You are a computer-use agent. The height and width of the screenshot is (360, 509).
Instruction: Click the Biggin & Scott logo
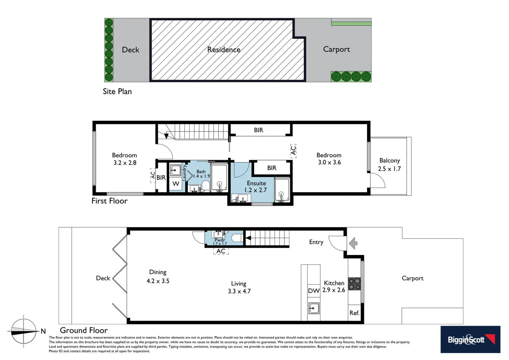[x=470, y=339]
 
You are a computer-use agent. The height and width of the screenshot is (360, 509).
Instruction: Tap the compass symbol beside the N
[x=23, y=331]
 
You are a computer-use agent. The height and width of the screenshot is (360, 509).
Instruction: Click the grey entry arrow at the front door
[x=353, y=243]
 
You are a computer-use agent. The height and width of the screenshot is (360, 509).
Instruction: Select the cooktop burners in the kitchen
[x=354, y=284]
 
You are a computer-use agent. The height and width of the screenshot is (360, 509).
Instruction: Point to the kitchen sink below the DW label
[x=313, y=308]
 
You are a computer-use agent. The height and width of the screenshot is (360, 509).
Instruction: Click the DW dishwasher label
[x=313, y=291]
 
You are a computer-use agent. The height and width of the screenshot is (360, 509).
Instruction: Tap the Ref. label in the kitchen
[x=354, y=313]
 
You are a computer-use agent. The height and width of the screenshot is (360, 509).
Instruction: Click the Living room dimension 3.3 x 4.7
[x=239, y=291]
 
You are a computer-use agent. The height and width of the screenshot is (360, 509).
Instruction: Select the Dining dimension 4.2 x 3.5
[x=158, y=281]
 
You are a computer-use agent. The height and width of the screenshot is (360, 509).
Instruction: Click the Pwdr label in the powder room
[x=220, y=240]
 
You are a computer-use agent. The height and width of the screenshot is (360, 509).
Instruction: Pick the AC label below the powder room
[x=221, y=251]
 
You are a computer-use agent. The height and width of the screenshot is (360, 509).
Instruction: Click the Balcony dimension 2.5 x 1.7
[x=389, y=169]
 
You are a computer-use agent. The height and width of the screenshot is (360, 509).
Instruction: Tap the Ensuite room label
[x=256, y=183]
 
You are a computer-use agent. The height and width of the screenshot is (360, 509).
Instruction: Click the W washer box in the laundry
[x=176, y=184]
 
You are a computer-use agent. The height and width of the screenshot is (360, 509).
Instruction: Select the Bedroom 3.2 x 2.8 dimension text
[x=125, y=163]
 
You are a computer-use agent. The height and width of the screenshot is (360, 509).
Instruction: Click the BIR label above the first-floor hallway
[x=258, y=130]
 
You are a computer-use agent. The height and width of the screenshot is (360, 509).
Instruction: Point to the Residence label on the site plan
[x=224, y=50]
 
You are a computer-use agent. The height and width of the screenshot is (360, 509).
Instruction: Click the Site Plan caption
[x=117, y=91]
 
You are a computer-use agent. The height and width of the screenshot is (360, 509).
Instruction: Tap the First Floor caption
[x=110, y=201]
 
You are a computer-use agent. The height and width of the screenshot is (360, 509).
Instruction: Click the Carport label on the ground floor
[x=412, y=278]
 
